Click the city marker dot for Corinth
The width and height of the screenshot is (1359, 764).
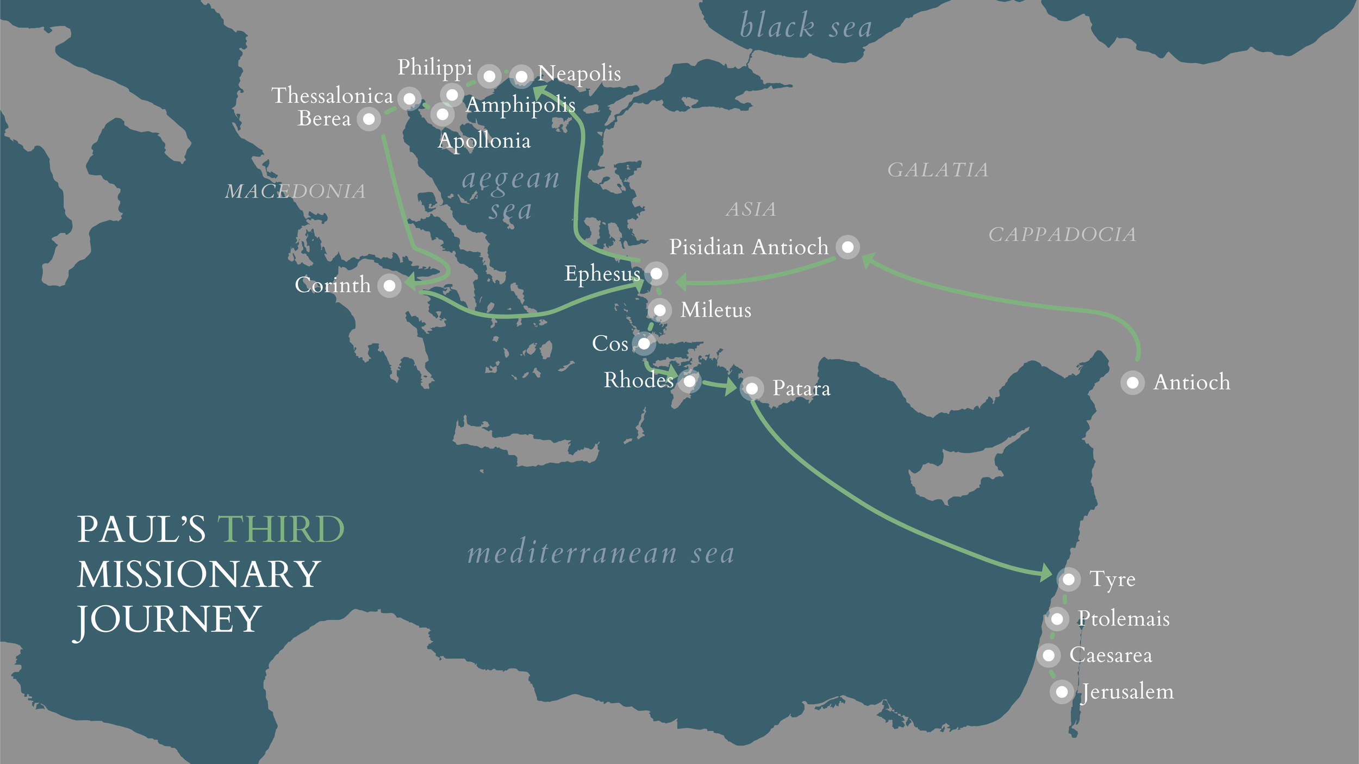389,286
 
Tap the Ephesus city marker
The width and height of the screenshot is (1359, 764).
656,273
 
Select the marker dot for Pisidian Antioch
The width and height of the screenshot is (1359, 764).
847,247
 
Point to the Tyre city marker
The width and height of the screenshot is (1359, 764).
1068,579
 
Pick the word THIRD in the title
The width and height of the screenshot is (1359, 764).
280,529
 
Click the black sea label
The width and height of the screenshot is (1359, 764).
806,26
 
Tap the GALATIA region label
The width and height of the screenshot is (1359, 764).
938,170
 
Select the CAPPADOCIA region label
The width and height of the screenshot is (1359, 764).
1062,235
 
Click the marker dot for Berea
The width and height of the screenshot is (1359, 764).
369,119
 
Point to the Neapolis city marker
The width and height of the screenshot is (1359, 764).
521,77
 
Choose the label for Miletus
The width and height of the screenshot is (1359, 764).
715,310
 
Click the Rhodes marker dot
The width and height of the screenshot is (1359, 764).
689,381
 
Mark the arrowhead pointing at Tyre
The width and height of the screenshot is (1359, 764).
1045,573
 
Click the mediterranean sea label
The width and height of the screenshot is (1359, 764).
601,553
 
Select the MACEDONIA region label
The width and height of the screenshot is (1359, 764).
295,191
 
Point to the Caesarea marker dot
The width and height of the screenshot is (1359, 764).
1049,655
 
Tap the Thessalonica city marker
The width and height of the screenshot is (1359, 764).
409,99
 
